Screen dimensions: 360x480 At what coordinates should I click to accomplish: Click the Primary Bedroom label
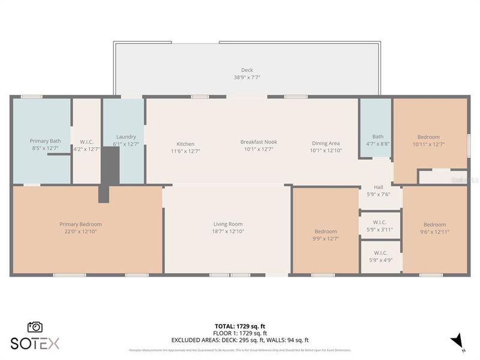click(x=80, y=224)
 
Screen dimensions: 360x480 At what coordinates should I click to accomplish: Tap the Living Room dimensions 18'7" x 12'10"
click(x=227, y=232)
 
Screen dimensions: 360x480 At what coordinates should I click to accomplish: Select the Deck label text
click(x=247, y=70)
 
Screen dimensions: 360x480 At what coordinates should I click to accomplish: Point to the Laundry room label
click(x=126, y=137)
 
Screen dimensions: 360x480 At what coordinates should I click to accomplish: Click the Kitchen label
click(x=185, y=143)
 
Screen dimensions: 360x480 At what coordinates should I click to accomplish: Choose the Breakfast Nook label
click(x=259, y=142)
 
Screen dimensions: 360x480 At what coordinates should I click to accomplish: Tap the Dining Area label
click(x=326, y=143)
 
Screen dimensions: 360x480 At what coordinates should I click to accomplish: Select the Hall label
click(x=379, y=187)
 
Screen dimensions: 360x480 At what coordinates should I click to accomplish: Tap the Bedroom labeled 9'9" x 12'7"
click(x=326, y=231)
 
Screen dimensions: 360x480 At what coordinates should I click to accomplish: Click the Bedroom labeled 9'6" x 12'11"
click(x=434, y=224)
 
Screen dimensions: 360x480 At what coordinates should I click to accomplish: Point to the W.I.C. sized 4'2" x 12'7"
click(x=86, y=142)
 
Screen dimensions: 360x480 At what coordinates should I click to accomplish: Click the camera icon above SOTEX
click(x=35, y=327)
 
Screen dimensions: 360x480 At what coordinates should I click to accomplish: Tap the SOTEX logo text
click(x=35, y=343)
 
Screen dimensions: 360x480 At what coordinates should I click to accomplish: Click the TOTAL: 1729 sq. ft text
click(x=240, y=326)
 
